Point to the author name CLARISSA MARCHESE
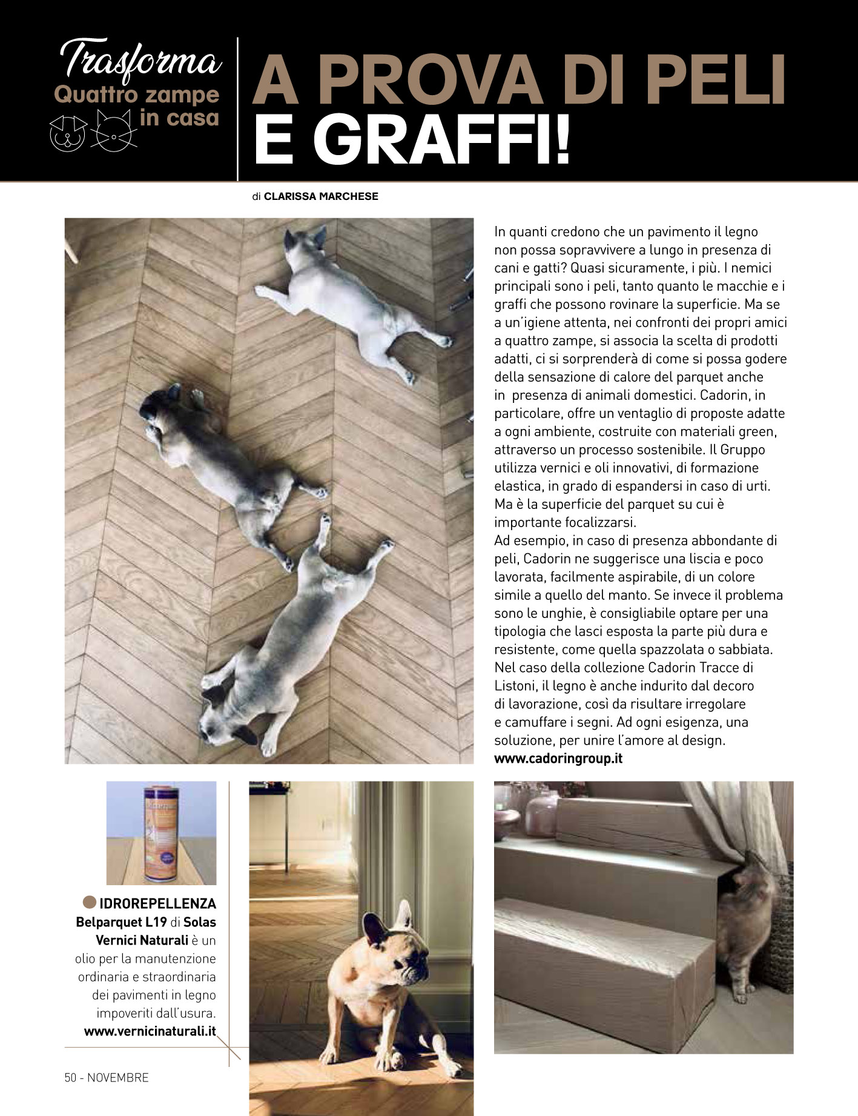[321, 196]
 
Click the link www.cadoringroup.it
[558, 758]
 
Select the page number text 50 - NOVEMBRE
[107, 1078]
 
